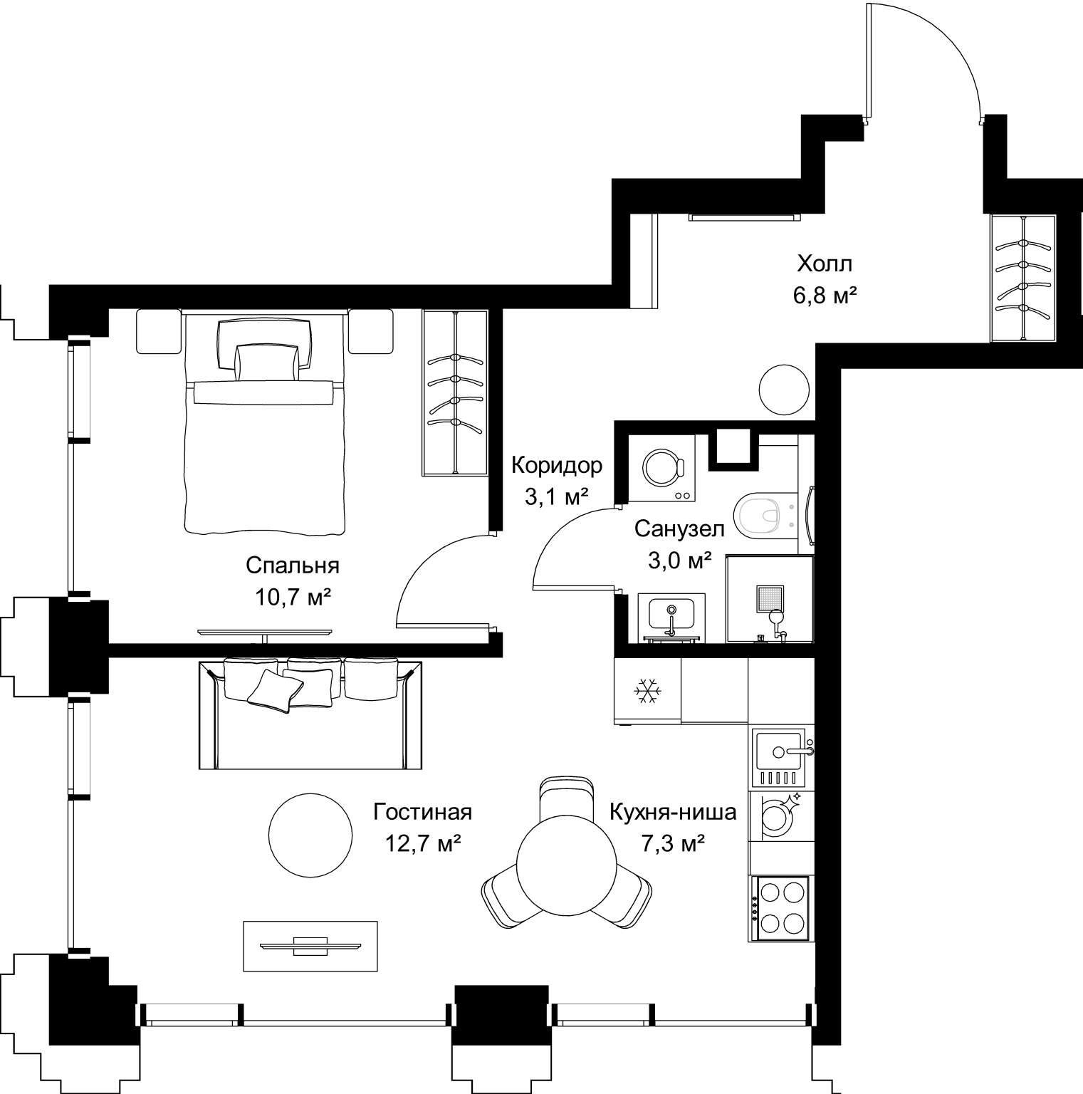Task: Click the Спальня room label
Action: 292,566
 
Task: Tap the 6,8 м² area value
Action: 825,296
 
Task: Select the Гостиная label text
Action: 423,811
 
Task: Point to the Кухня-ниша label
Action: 673,811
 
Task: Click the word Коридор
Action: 557,466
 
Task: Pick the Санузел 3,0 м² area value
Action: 679,561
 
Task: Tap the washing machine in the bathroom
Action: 664,468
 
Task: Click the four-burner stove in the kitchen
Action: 779,908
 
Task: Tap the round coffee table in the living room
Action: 310,833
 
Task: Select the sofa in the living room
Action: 310,714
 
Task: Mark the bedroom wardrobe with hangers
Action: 455,392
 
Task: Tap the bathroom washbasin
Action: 671,616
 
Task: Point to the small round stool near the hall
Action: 784,390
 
